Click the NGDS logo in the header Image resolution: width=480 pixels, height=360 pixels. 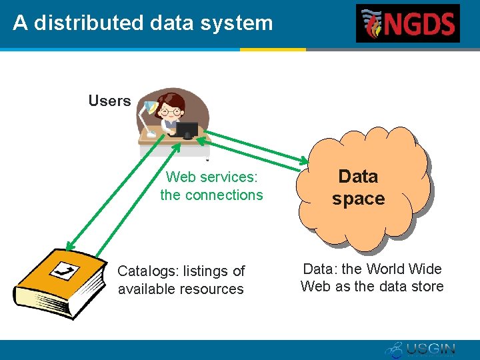pyautogui.click(x=407, y=23)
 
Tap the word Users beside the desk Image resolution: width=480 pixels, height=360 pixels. pyautogui.click(x=109, y=101)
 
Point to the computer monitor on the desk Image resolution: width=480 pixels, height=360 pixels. pyautogui.click(x=187, y=129)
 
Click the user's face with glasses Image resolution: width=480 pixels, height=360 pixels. pyautogui.click(x=172, y=107)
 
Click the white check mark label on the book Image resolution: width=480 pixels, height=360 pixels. pyautogui.click(x=65, y=271)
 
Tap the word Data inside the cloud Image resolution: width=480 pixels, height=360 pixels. pyautogui.click(x=358, y=177)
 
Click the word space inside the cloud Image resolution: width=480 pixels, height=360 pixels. pyautogui.click(x=358, y=199)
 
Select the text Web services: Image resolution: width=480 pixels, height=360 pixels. pyautogui.click(x=211, y=177)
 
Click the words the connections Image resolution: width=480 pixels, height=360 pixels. pyautogui.click(x=211, y=195)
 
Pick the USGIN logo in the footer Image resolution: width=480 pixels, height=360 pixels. pyautogui.click(x=420, y=349)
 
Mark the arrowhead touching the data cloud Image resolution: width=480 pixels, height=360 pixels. pyautogui.click(x=304, y=162)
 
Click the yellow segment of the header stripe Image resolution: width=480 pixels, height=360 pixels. pyautogui.click(x=273, y=49)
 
